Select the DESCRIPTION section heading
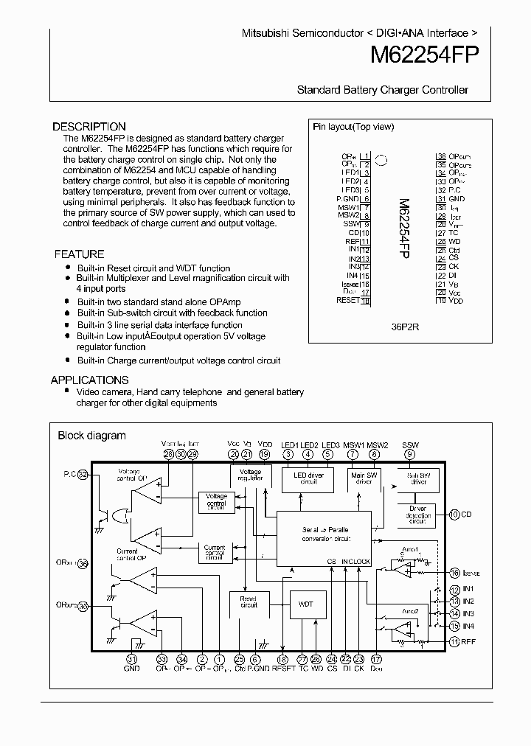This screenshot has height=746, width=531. [x=89, y=126]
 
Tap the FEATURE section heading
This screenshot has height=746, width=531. [x=79, y=254]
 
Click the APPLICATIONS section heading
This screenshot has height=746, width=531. [x=89, y=380]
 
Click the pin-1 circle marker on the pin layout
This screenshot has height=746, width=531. [x=382, y=158]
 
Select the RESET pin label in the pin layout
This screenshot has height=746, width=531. [x=347, y=300]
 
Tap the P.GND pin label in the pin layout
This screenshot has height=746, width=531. [x=348, y=198]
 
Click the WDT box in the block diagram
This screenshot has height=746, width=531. [x=305, y=604]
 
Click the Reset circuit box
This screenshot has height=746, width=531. [x=249, y=602]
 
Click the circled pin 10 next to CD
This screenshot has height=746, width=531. [x=454, y=514]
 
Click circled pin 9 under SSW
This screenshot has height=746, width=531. [x=409, y=455]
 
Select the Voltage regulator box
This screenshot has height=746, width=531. [x=250, y=475]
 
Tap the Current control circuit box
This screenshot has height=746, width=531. [x=215, y=552]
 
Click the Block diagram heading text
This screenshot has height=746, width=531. [x=91, y=436]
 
